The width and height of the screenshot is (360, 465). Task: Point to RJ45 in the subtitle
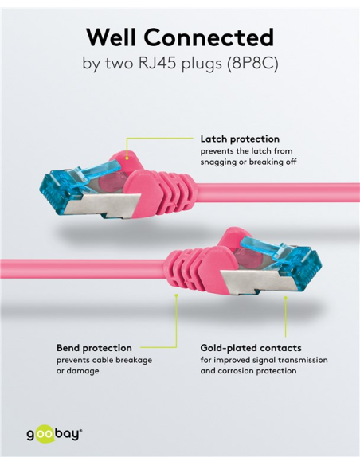pyautogui.click(x=158, y=64)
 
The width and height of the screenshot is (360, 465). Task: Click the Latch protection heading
pyautogui.click(x=240, y=139)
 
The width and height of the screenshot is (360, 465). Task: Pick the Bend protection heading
pyautogui.click(x=94, y=348)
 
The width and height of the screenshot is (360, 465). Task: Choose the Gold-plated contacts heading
pyautogui.click(x=251, y=348)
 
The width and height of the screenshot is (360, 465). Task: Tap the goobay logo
pyautogui.click(x=55, y=434)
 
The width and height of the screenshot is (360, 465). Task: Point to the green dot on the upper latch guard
pyautogui.click(x=127, y=158)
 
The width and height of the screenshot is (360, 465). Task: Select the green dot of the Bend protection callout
pyautogui.click(x=176, y=295)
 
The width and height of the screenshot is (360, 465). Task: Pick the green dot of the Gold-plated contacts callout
pyautogui.click(x=286, y=297)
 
